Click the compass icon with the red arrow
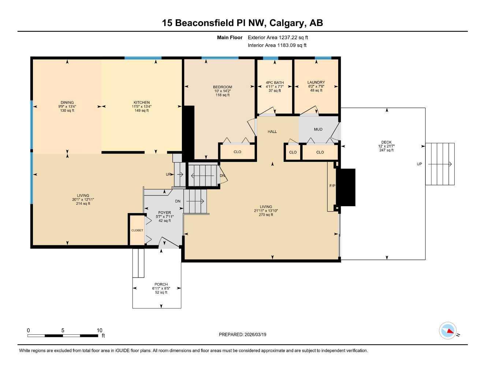pyautogui.click(x=448, y=331)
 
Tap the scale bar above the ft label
pyautogui.click(x=63, y=335)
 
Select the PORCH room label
pyautogui.click(x=161, y=284)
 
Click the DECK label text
pyautogui.click(x=386, y=142)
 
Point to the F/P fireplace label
pyautogui.click(x=332, y=186)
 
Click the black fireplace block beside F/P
pyautogui.click(x=346, y=187)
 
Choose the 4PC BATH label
pyautogui.click(x=275, y=83)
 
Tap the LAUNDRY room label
pyautogui.click(x=316, y=82)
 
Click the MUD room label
pyautogui.click(x=318, y=129)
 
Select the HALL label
pyautogui.click(x=272, y=131)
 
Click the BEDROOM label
pyautogui.click(x=223, y=87)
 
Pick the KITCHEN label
pyautogui.click(x=141, y=103)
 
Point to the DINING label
pyautogui.click(x=67, y=103)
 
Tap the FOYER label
pyautogui.click(x=164, y=212)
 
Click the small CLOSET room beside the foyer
pyautogui.click(x=137, y=230)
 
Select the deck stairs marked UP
pyautogui.click(x=440, y=164)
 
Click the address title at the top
pyautogui.click(x=242, y=23)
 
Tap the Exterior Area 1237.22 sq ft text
pyautogui.click(x=278, y=37)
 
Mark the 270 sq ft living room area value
pyautogui.click(x=266, y=215)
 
